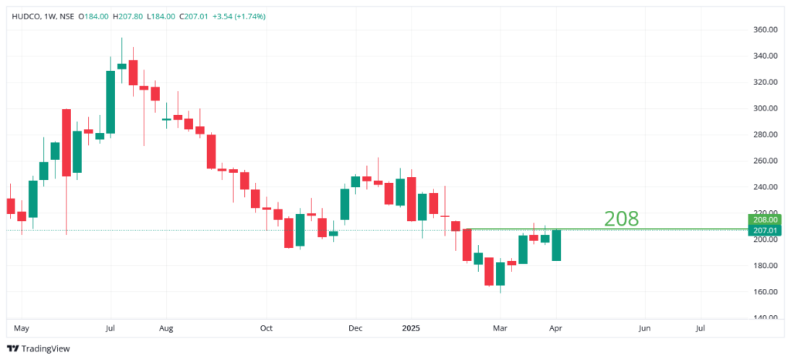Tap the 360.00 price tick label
(765, 30)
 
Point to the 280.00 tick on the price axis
(765, 135)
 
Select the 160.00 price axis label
(765, 292)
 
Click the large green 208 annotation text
(621, 219)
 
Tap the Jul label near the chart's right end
(701, 328)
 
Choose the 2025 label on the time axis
(411, 328)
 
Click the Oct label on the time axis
(266, 328)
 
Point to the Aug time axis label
(166, 328)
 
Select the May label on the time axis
(21, 328)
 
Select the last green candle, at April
(556, 245)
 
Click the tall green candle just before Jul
(110, 102)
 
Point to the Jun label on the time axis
(644, 328)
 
